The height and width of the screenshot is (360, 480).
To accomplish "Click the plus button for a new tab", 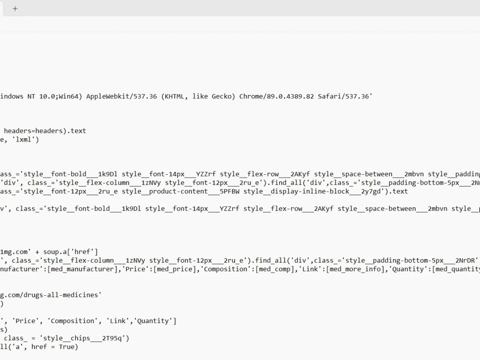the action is tap(15, 9).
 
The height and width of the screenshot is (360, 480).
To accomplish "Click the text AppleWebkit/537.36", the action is tap(121, 96).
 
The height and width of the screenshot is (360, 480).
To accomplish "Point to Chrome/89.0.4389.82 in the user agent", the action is tap(276, 96).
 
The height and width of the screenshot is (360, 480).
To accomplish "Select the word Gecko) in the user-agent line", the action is tap(223, 96).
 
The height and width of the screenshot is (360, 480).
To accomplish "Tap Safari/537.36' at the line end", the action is tap(345, 96).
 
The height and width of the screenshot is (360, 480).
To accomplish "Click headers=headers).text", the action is tap(45, 131).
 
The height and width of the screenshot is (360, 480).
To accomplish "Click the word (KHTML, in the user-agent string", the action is tap(175, 96).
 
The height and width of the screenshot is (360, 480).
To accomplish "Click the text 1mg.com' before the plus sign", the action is tap(15, 252).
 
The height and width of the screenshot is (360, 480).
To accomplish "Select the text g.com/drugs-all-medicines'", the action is tap(51, 295).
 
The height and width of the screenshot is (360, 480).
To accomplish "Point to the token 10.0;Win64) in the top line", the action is tap(60, 96).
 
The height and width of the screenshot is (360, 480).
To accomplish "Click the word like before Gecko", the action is tap(200, 96).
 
